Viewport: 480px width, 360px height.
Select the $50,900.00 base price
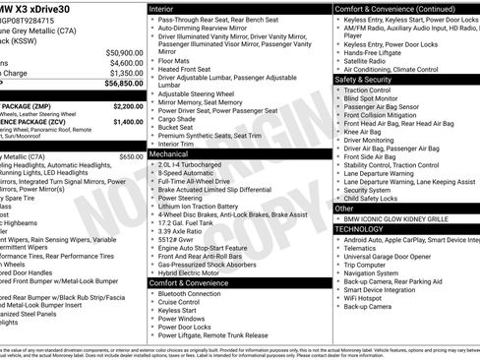[x=122, y=52]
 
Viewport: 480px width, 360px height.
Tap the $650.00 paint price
[x=130, y=156]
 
